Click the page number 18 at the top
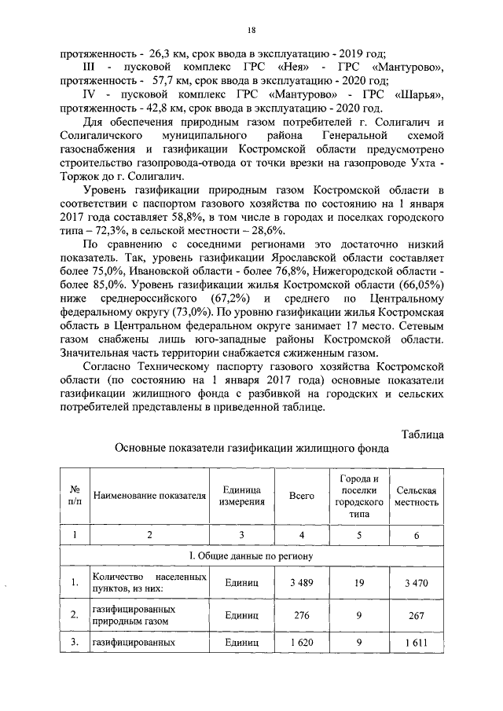point(251,30)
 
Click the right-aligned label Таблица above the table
point(423,434)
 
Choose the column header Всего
point(302,497)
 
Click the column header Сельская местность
point(417,497)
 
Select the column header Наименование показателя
point(149,497)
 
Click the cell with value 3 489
point(302,583)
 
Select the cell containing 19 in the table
point(358,583)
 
